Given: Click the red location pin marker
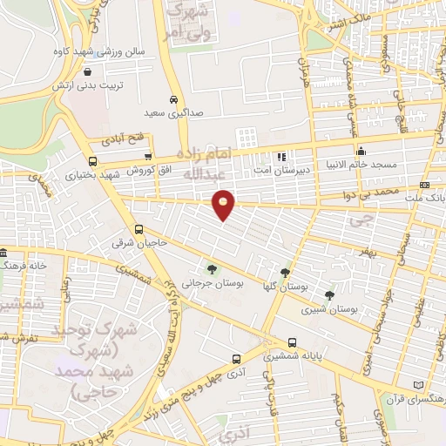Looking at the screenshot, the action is point(224,203).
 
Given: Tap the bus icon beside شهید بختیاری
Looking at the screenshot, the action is point(93,160).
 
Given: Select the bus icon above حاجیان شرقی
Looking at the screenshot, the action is point(139,229).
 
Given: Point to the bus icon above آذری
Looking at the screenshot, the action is point(236,358).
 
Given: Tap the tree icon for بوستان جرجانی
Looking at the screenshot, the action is point(212,268).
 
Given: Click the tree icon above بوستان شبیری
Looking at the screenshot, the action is point(329,295).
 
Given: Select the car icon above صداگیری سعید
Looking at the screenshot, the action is point(173,99).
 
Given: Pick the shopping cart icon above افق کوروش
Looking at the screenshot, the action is point(148,156).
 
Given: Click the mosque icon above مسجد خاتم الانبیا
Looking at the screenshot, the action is point(361,151).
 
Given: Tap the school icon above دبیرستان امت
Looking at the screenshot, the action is point(281,157).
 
